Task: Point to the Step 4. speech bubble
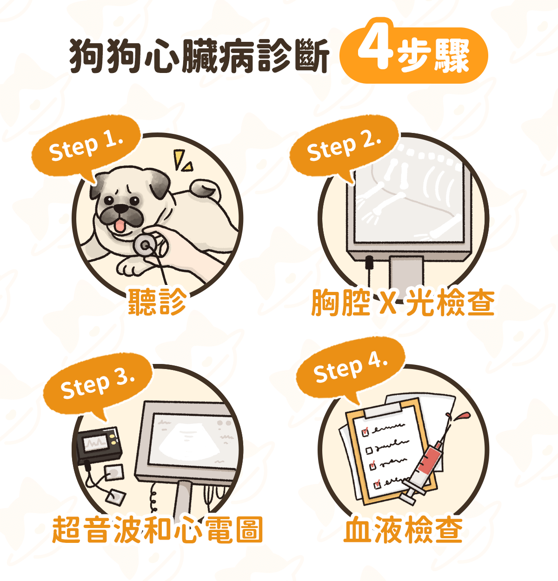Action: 351,367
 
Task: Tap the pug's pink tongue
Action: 120,226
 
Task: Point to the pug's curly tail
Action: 205,189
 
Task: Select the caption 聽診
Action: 157,302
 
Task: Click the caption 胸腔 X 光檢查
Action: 403,303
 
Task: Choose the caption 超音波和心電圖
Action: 157,529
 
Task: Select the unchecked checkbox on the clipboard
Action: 369,450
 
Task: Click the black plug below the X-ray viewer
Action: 369,263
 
